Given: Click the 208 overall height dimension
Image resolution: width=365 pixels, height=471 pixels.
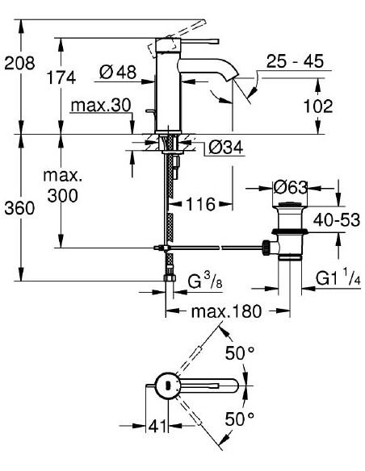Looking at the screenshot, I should (17, 61).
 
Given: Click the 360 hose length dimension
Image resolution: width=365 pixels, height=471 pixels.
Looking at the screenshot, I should (17, 207).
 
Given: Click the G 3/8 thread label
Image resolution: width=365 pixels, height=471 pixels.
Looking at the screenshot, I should (204, 282).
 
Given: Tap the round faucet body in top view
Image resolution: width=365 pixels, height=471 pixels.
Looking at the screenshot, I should (167, 386).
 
